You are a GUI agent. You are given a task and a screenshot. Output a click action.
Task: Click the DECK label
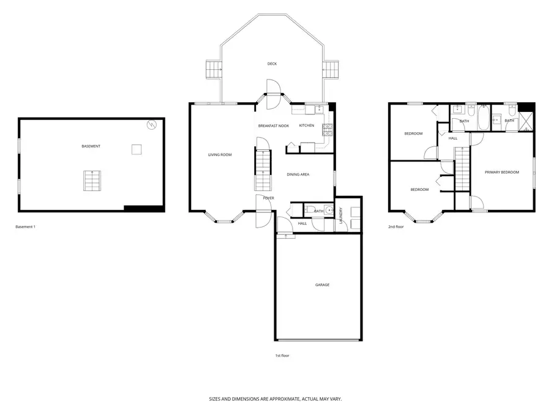(x=272, y=64)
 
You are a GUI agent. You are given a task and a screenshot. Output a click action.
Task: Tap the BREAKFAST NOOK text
(x=273, y=125)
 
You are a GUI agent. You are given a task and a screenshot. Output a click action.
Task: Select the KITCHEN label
(x=306, y=125)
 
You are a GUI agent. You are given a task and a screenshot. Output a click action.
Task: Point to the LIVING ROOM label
(x=220, y=155)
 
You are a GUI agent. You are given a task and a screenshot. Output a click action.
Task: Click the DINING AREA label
(x=298, y=174)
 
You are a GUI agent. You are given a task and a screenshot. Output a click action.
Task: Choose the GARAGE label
(x=322, y=285)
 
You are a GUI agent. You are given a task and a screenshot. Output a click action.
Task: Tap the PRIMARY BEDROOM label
(x=501, y=173)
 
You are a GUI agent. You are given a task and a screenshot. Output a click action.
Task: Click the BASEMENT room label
(x=91, y=146)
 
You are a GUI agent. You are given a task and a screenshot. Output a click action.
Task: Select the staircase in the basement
(x=92, y=181)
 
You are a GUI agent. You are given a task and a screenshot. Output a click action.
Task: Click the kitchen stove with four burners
(x=327, y=129)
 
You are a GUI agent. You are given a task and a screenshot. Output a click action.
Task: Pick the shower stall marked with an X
(x=526, y=121)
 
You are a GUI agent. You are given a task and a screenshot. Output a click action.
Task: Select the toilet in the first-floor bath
(x=309, y=211)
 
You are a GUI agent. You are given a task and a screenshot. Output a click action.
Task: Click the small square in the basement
(x=137, y=149)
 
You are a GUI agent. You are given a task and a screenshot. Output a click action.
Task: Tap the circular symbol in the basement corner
(x=152, y=125)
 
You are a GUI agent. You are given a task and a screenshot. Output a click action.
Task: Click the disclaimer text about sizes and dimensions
(x=275, y=399)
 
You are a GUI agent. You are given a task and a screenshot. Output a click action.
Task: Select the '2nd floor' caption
(x=396, y=227)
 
